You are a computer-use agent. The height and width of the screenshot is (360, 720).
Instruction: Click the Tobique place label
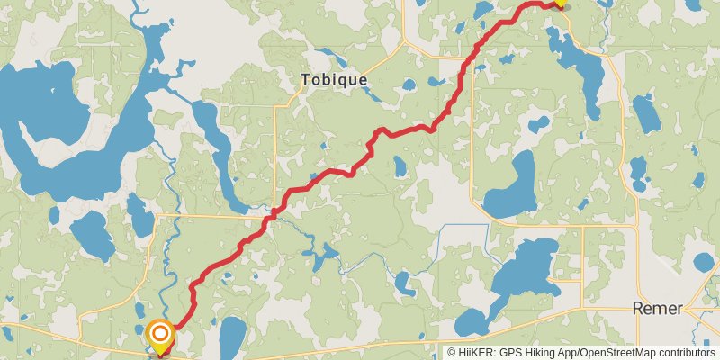pyautogui.click(x=334, y=80)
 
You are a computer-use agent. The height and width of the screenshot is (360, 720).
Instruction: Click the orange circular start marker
pyautogui.click(x=160, y=337)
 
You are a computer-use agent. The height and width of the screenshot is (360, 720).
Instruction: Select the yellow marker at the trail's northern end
pyautogui.click(x=560, y=3)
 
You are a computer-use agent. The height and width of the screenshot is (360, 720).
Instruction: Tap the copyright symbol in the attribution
pyautogui.click(x=453, y=352)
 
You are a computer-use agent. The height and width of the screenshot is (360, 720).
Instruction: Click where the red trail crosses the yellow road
pyautogui.click(x=270, y=215)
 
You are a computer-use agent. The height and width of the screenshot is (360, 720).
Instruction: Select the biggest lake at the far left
pyautogui.click(x=63, y=126)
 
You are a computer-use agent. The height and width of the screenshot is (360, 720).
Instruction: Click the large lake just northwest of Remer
pyautogui.click(x=522, y=270)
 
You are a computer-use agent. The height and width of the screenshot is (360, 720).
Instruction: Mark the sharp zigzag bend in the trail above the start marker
pyautogui.click(x=193, y=292)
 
